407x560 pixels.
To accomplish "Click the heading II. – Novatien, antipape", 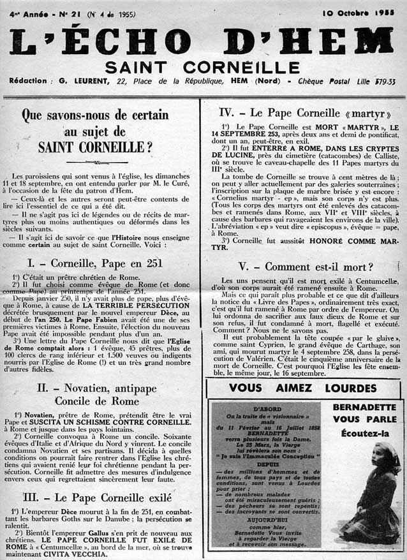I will point(103,387).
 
